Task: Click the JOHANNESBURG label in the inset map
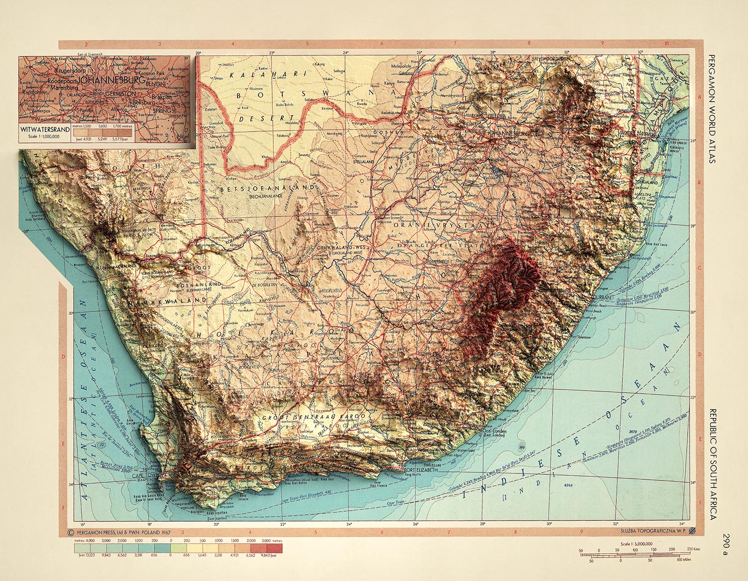tap(112, 80)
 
